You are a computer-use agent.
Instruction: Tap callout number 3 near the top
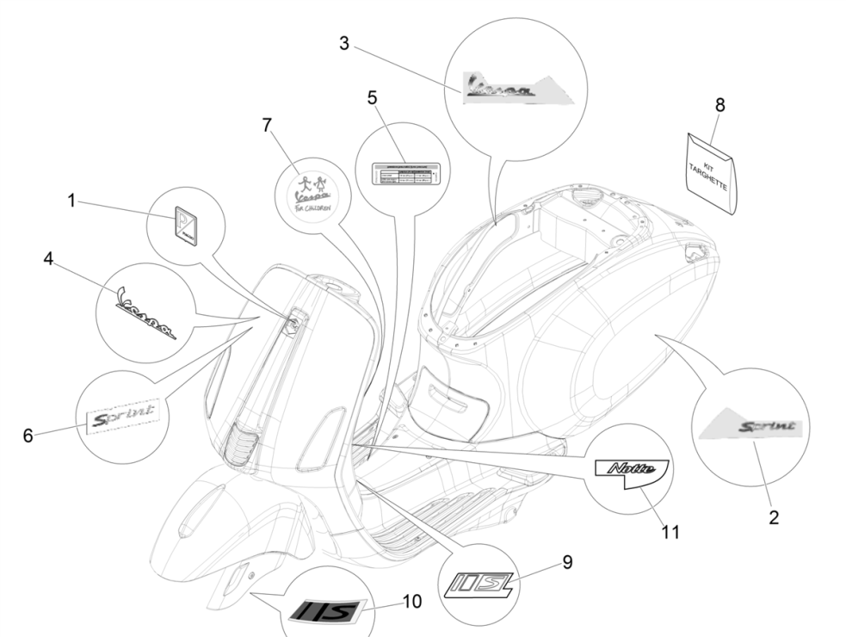pyautogui.click(x=344, y=44)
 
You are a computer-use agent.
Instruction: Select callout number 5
pyautogui.click(x=372, y=98)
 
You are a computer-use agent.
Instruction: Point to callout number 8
pyautogui.click(x=719, y=105)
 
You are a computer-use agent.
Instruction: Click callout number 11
pyautogui.click(x=670, y=533)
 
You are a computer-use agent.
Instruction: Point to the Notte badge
pyautogui.click(x=632, y=471)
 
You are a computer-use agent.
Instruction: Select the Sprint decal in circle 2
pyautogui.click(x=751, y=427)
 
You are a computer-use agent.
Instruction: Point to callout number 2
pyautogui.click(x=773, y=517)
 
